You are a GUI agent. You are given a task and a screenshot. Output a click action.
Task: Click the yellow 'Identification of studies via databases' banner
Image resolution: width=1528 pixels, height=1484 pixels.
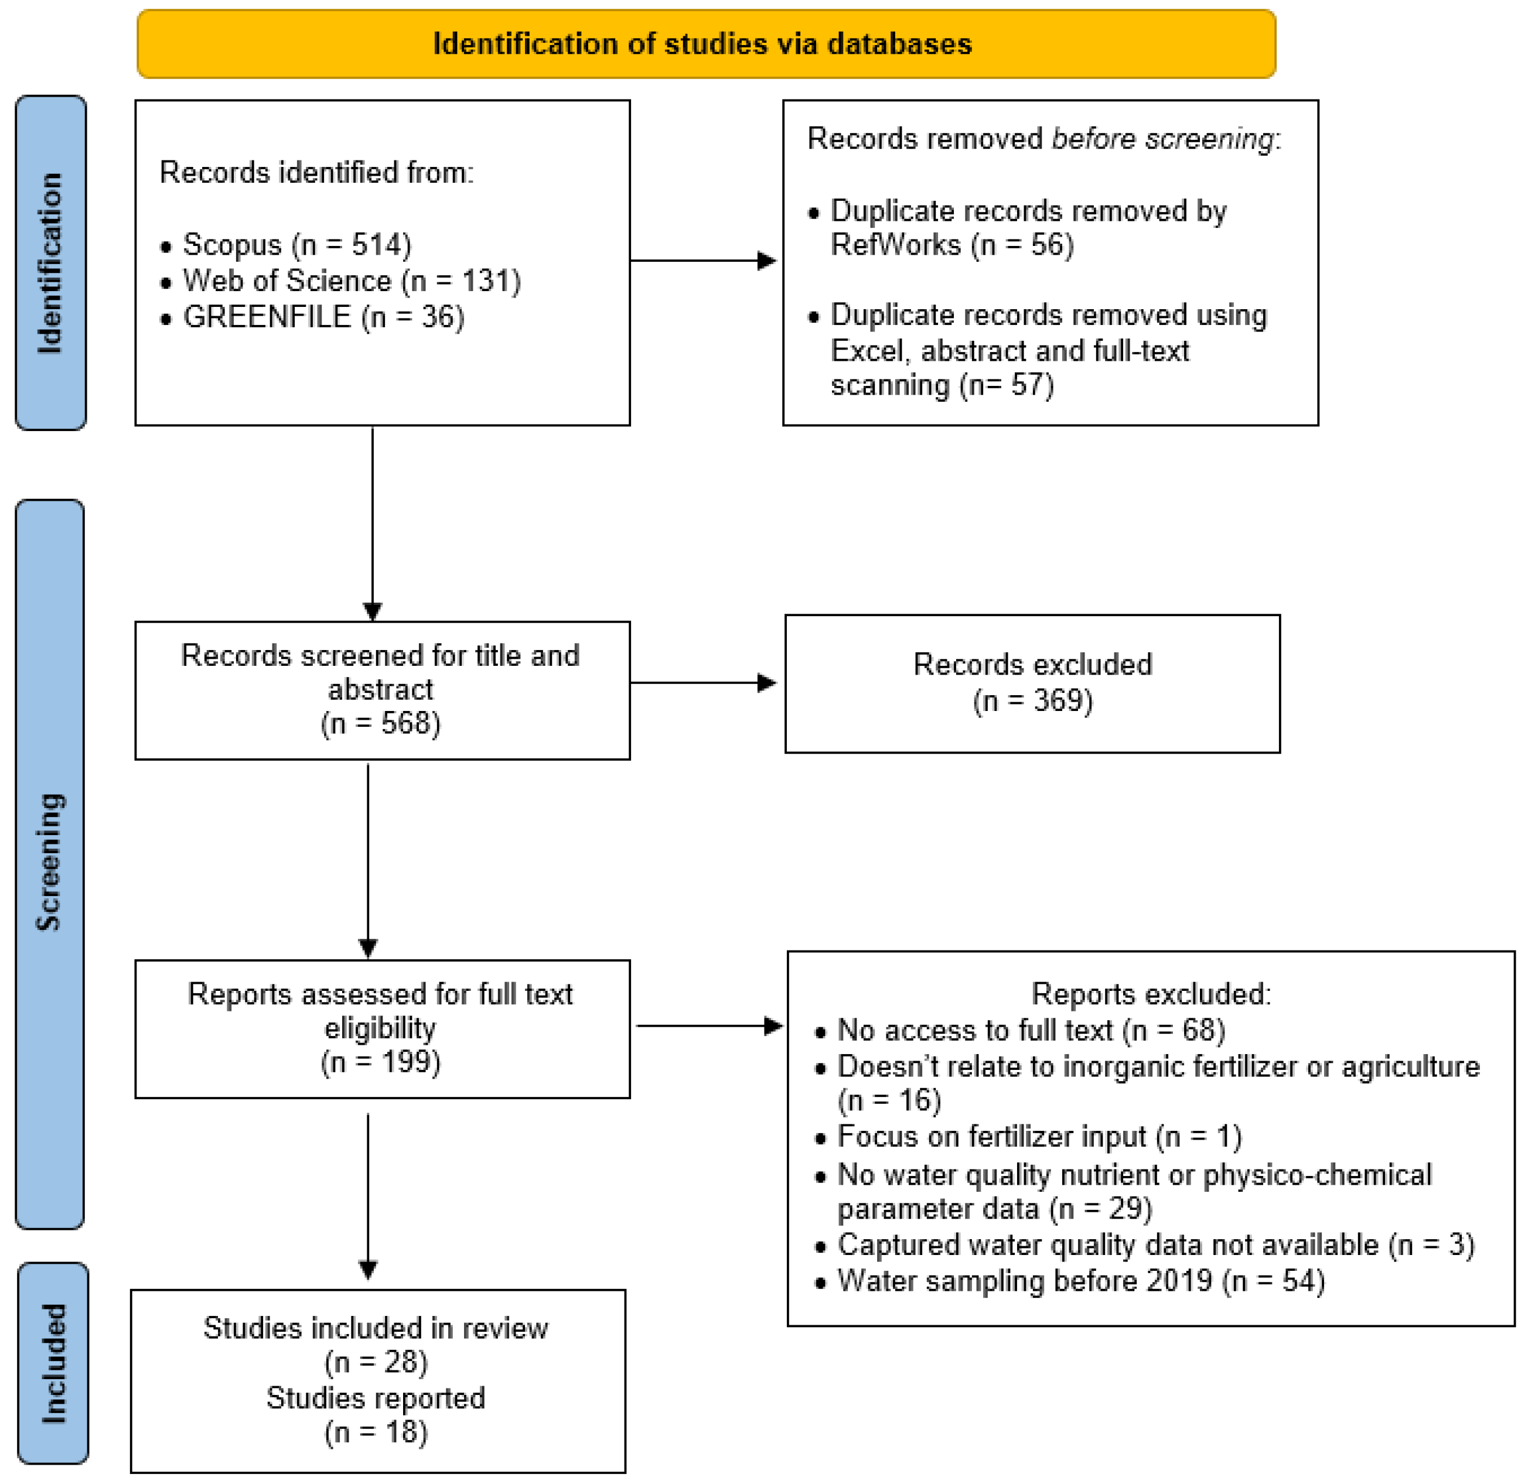[x=705, y=45]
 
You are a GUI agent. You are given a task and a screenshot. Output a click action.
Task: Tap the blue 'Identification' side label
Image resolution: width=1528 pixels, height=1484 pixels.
[x=50, y=263]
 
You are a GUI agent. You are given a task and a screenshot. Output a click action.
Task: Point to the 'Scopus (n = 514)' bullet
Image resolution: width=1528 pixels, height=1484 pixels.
[x=296, y=245]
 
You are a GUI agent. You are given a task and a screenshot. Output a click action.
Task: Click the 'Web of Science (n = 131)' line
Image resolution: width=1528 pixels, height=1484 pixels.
[x=351, y=281]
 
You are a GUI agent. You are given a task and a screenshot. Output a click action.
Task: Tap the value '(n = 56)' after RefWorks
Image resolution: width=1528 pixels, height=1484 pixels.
[x=1022, y=245]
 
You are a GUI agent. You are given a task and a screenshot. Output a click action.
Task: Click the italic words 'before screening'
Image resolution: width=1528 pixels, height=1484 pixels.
[x=1162, y=139]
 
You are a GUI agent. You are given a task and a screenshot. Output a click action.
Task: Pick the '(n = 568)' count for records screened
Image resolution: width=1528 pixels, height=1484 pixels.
[x=380, y=723]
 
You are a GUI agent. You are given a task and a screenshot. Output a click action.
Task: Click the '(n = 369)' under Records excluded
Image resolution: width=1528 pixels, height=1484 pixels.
[x=1032, y=700]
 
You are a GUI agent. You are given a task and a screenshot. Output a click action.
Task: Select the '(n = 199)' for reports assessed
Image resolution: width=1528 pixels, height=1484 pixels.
[x=380, y=1062]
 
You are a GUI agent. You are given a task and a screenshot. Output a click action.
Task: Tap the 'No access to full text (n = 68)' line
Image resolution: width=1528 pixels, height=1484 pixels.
[x=1031, y=1030]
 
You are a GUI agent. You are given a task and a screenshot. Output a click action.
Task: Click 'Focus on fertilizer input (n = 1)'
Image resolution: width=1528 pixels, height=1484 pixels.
[x=1038, y=1136]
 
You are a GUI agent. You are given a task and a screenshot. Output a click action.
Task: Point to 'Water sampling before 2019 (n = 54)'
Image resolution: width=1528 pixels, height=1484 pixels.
[x=1080, y=1281]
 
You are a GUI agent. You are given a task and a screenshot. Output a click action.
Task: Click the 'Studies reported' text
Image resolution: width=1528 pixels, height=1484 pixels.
[x=376, y=1398]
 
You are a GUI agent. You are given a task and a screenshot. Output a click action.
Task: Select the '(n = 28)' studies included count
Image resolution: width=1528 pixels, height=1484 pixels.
[x=376, y=1362]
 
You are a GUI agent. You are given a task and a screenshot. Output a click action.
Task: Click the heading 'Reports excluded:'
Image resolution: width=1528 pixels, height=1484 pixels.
[x=1151, y=994]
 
